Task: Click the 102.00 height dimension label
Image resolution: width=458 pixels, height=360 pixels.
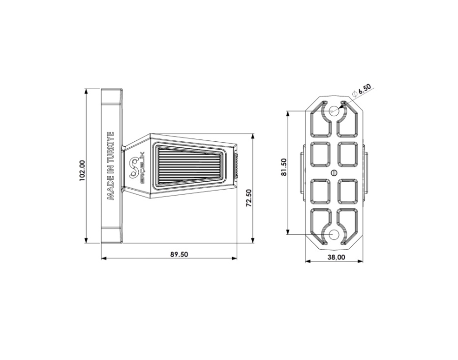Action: click(x=82, y=170)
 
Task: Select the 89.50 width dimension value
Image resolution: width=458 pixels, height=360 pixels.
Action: click(x=180, y=255)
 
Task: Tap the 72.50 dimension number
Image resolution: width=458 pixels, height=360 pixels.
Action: click(x=249, y=198)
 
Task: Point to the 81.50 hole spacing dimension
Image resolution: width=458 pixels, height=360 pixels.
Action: click(x=283, y=167)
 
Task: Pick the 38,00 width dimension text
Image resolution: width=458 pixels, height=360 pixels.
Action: click(x=336, y=257)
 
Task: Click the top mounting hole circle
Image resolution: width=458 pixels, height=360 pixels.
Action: click(x=334, y=110)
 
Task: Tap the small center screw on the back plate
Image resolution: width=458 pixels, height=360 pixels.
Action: click(x=335, y=173)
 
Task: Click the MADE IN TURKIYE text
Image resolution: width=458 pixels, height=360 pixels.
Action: click(x=111, y=166)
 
